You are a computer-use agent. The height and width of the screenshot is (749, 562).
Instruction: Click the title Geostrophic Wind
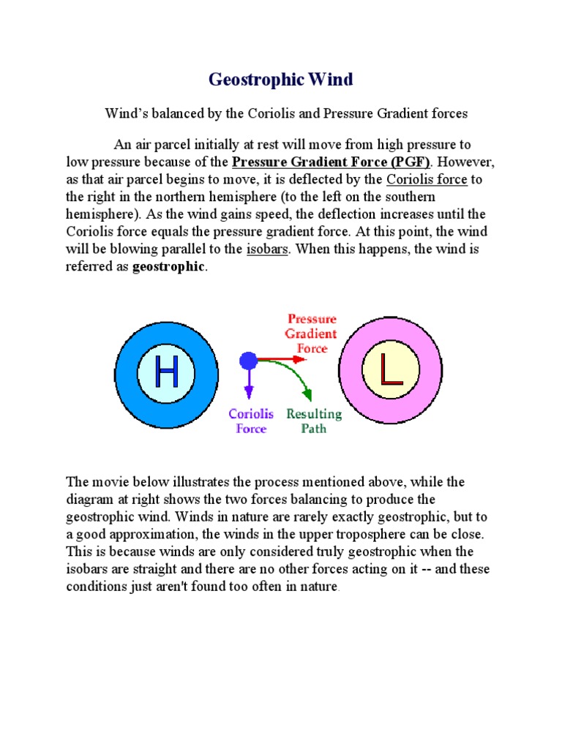[x=281, y=80]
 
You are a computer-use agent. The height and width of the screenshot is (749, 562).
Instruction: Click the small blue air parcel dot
[x=249, y=360]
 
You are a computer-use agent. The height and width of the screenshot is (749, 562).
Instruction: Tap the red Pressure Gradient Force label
[x=312, y=334]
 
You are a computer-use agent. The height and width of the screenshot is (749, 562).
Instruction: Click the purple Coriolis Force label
[x=251, y=421]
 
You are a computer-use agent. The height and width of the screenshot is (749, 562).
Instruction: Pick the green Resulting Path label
[x=314, y=421]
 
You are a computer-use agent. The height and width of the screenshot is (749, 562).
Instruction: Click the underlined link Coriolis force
[x=427, y=180]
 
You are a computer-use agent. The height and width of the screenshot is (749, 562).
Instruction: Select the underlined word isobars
[x=268, y=249]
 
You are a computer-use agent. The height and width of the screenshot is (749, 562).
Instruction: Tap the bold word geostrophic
[x=169, y=266]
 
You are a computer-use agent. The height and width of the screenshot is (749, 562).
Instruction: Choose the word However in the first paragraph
[x=460, y=162]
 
